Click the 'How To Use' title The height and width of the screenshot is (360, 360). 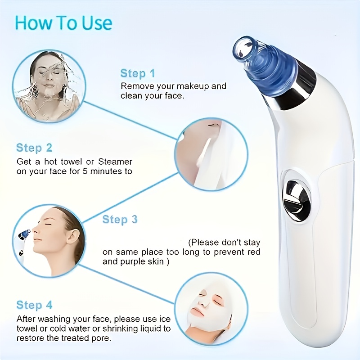click(x=63, y=23)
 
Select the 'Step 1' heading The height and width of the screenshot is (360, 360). click(x=138, y=73)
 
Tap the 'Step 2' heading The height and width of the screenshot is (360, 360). click(x=34, y=148)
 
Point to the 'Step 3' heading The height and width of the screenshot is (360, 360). click(x=120, y=220)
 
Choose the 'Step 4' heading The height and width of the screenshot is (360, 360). click(x=34, y=305)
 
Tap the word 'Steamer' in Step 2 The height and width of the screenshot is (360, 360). click(x=116, y=161)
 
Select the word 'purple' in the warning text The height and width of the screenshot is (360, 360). click(x=133, y=261)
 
